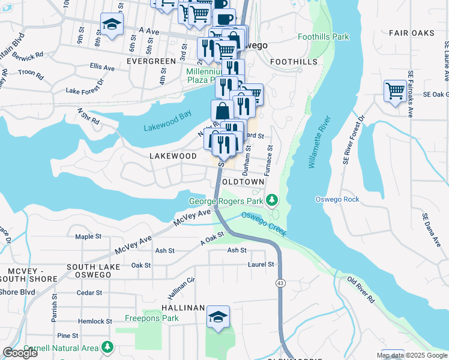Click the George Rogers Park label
(227, 202)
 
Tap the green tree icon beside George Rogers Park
(272, 199)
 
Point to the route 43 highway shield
(280, 283)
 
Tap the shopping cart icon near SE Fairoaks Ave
(395, 92)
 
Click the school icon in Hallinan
(218, 317)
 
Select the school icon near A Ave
(111, 25)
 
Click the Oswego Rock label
(337, 199)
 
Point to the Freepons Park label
(152, 318)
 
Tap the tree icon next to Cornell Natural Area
(107, 347)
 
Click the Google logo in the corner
(20, 353)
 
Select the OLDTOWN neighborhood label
(243, 181)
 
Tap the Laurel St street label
(261, 264)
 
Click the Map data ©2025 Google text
(411, 355)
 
